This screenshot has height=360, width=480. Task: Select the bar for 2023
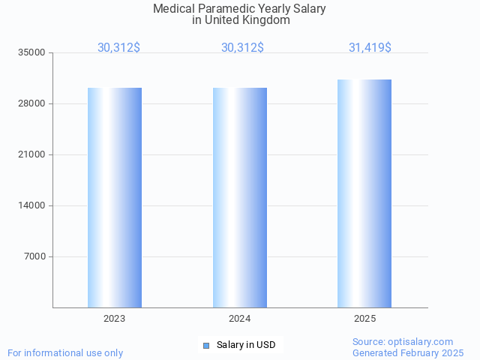pos(115,197)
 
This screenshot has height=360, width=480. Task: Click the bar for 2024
pos(240,197)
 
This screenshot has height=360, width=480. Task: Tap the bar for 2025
pos(364,193)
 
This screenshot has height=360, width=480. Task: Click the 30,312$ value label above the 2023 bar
pos(118,47)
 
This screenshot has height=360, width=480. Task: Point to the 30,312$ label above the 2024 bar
pos(242,47)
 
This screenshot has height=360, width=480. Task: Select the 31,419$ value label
pos(370,47)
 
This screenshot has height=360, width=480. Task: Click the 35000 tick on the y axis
pos(32,52)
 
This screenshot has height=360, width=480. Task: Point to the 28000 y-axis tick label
pos(32,103)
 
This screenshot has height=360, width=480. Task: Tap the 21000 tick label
pos(32,154)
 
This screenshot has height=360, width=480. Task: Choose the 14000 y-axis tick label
pos(32,205)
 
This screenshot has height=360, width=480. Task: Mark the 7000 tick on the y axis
pos(34,256)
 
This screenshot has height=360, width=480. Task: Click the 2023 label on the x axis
pos(115,319)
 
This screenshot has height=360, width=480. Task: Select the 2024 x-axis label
pos(240,319)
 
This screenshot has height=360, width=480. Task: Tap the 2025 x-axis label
pos(364,319)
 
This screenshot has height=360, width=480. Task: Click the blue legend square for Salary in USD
pos(206,345)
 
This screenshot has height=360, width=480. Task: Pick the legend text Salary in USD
pos(246,345)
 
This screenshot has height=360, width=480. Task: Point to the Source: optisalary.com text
pos(403,342)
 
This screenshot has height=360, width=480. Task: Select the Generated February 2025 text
pos(408,352)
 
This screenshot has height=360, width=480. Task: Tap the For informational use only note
pos(65,352)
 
